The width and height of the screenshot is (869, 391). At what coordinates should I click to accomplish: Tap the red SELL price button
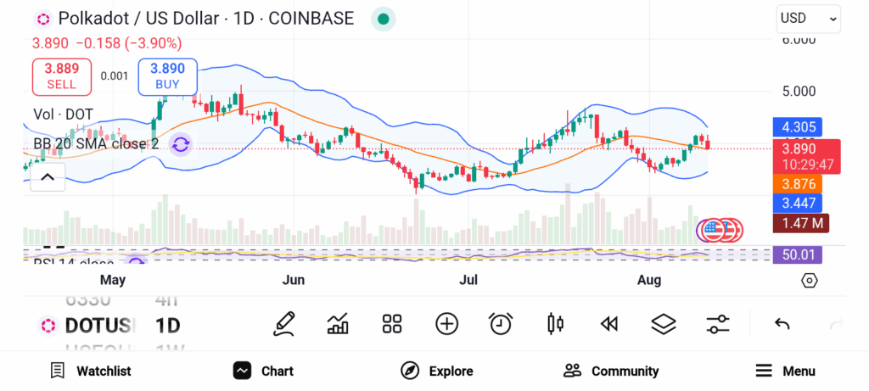pos(61,76)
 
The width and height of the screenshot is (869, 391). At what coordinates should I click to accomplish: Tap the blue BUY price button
pos(167,76)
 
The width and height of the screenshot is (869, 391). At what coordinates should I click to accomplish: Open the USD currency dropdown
pos(808,18)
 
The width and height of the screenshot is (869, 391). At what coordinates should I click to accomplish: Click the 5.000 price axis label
pos(798,91)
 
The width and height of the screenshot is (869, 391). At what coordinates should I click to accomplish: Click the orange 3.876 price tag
pos(799,183)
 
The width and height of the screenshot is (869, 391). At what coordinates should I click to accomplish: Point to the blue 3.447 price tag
pos(799,204)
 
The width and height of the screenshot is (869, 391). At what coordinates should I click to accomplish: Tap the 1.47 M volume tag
pos(800,224)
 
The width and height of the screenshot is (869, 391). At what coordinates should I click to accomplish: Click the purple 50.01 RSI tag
pos(799,254)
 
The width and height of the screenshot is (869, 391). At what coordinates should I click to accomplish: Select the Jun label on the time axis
pos(293,279)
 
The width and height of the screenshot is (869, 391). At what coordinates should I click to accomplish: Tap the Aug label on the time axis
pos(649,279)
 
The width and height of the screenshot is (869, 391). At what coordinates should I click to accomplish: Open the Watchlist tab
pos(91,371)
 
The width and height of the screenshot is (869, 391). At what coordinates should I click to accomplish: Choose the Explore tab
pos(436,371)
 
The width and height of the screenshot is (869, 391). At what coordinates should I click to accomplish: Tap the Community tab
pos(611,371)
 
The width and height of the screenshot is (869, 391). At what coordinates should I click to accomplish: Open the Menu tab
pos(785,371)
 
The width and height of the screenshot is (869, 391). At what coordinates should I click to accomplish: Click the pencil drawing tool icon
pos(284,323)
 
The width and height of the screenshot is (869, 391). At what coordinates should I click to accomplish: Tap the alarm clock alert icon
pos(501,323)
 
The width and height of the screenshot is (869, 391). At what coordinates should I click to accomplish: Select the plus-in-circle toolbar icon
pos(446,323)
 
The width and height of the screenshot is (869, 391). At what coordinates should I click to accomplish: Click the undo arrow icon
pos(782,324)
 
